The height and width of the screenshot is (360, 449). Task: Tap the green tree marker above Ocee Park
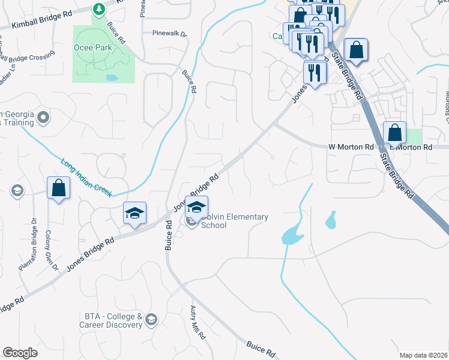[x=99, y=9]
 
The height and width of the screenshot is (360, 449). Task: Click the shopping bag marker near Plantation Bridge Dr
[x=59, y=188]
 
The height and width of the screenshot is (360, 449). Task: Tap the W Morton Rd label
[x=351, y=146]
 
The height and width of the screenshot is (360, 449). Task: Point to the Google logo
[x=20, y=353]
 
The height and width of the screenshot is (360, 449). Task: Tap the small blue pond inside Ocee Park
[x=112, y=77]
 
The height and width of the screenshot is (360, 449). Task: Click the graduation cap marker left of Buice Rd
[x=135, y=213]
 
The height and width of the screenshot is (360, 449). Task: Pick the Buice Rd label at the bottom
[x=261, y=349]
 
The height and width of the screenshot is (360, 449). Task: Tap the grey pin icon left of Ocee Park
[x=43, y=118]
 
